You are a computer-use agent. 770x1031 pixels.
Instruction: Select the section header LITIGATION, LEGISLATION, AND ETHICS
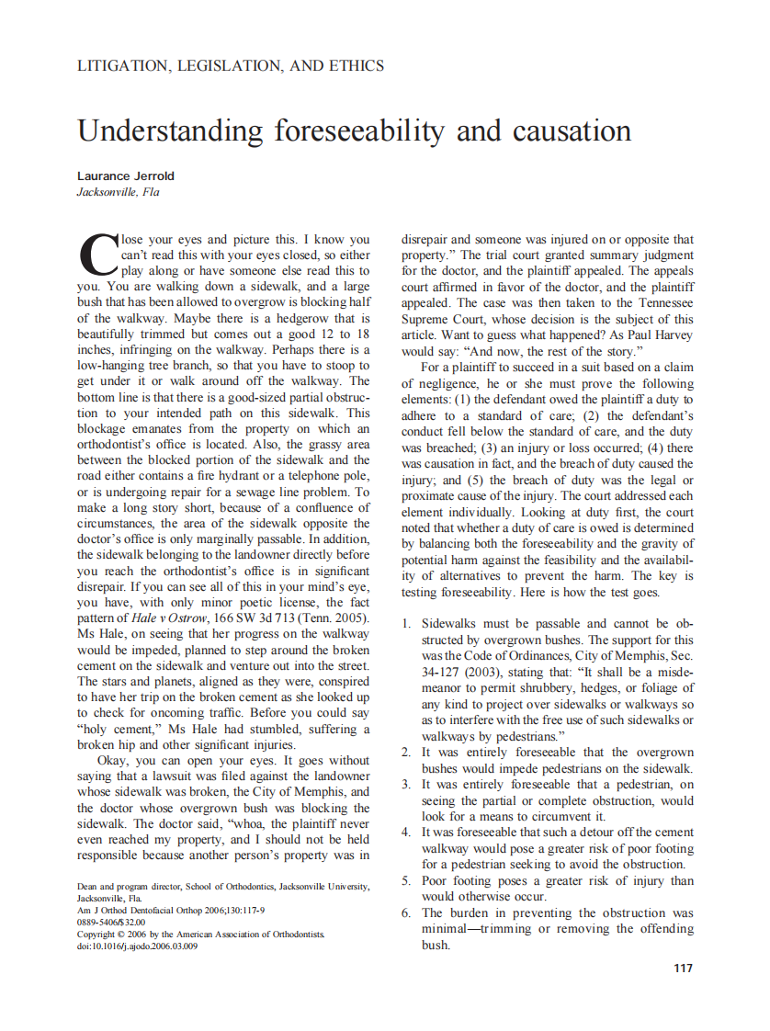point(231,66)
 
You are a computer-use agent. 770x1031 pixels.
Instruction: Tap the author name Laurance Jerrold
point(126,176)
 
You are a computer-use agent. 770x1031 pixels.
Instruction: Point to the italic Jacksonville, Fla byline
point(118,192)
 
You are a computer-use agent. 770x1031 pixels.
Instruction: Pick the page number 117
point(683,968)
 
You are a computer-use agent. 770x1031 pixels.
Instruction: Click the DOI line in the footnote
point(137,946)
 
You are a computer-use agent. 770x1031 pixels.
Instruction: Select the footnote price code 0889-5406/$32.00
point(111,922)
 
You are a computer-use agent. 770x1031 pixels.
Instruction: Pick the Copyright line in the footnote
point(200,934)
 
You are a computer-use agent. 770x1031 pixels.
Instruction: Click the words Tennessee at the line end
point(661,303)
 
